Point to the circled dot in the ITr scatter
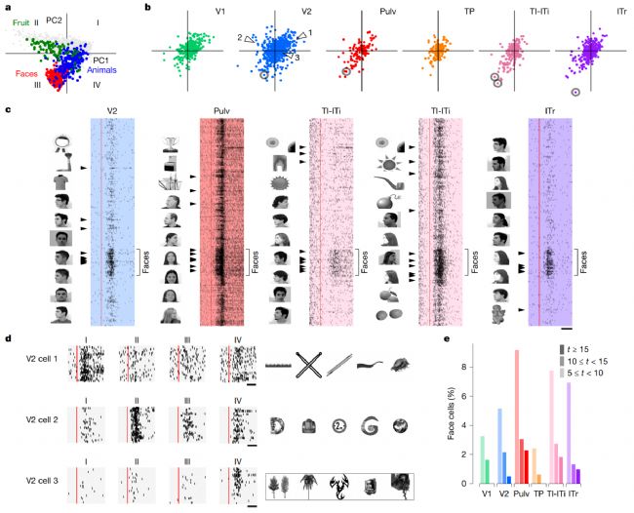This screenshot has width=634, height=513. pos(575,91)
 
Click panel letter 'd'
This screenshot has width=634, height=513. pos(7,337)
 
